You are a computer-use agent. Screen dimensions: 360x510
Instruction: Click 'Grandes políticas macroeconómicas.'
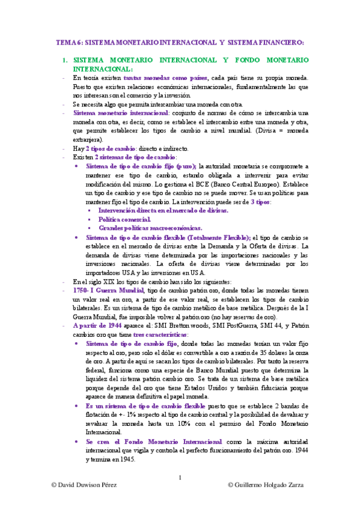(x=150, y=229)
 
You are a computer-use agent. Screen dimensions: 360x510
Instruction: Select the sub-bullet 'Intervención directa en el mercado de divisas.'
(x=163, y=211)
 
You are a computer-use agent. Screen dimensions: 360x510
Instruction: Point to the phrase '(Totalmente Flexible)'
(x=212, y=238)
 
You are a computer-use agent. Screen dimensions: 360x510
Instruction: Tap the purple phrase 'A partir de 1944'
(x=99, y=325)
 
